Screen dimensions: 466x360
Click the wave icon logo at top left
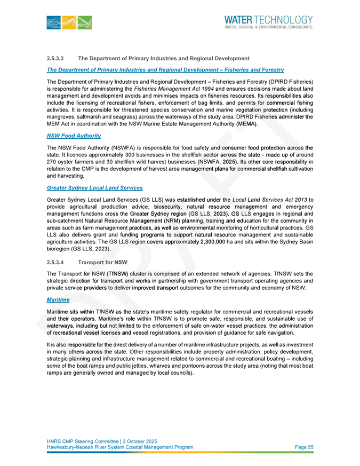[69, 23]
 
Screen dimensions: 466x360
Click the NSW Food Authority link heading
[74, 136]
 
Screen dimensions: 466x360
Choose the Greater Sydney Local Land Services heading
[94, 188]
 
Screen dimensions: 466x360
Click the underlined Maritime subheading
[59, 301]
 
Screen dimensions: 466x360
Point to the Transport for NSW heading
[102, 263]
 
